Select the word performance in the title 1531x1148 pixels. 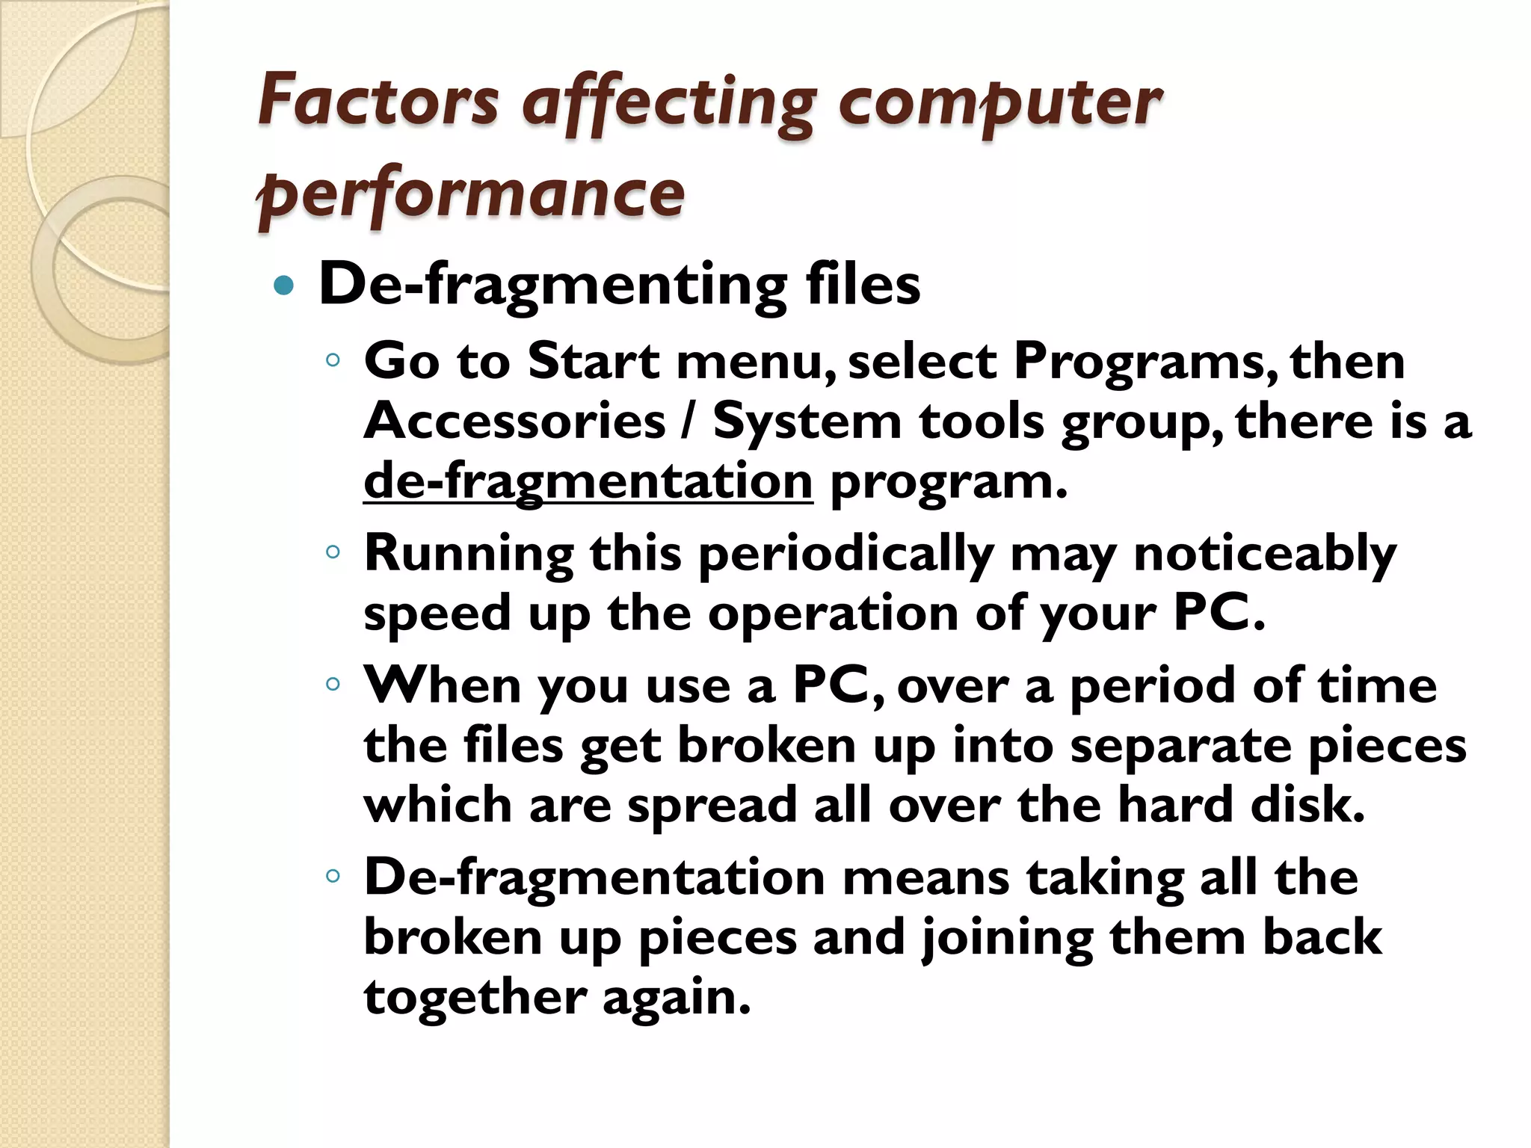click(x=471, y=194)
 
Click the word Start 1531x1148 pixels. click(x=594, y=362)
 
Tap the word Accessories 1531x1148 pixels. click(x=514, y=422)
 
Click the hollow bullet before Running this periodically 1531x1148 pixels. click(x=333, y=552)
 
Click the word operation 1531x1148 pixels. click(x=833, y=614)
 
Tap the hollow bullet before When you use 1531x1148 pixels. click(x=333, y=684)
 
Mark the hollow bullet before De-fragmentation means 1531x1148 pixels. click(x=333, y=875)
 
